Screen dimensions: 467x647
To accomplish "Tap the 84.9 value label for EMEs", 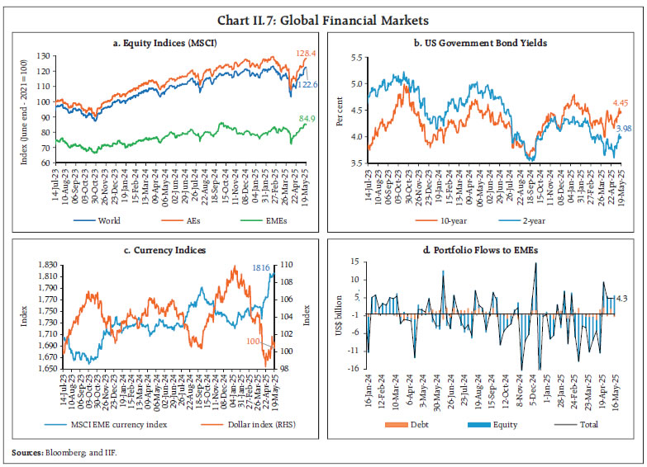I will pos(297,118).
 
